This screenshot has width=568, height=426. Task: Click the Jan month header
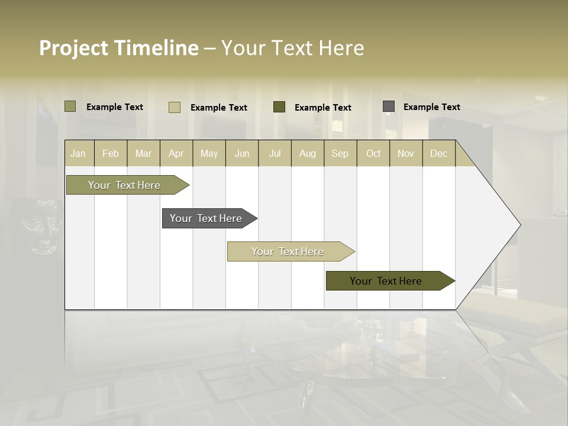(x=78, y=153)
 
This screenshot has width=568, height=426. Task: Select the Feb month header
(x=111, y=153)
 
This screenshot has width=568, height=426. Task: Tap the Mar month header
(x=143, y=153)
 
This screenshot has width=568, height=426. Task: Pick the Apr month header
(x=176, y=153)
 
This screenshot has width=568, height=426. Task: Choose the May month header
(x=209, y=153)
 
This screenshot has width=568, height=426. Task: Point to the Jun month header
(x=242, y=153)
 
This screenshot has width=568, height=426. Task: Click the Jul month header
(x=275, y=153)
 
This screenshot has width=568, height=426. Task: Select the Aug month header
(x=308, y=153)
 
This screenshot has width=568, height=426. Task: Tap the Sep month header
(x=340, y=153)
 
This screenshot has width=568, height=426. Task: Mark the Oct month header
(x=373, y=153)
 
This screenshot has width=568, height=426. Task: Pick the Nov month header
(x=406, y=153)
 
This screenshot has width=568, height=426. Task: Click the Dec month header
(x=439, y=153)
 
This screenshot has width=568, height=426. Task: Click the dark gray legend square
(x=389, y=106)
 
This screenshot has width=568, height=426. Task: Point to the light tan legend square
(x=175, y=107)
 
